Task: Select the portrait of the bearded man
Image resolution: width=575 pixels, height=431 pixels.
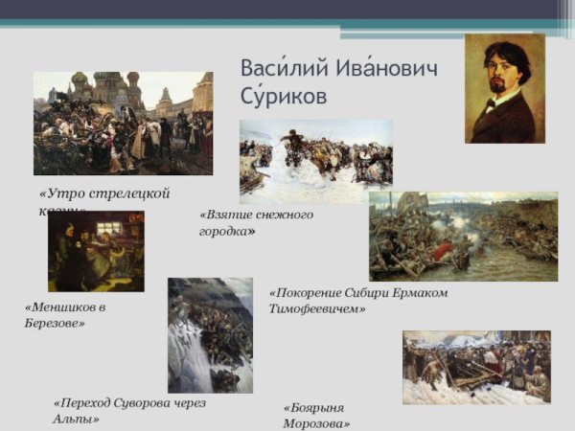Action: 505,89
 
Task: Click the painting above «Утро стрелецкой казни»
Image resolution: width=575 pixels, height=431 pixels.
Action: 123,123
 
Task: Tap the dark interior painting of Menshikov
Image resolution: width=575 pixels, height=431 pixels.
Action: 96,251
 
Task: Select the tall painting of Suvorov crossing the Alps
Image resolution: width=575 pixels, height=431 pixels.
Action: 210,335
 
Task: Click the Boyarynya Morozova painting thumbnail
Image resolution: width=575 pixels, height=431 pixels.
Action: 476,367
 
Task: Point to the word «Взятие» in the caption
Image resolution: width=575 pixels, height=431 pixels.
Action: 226,215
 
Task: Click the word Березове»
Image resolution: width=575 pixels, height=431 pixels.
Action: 55,324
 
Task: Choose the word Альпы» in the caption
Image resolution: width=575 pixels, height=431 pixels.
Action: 77,420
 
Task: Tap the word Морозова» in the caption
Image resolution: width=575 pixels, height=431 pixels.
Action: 316,423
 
